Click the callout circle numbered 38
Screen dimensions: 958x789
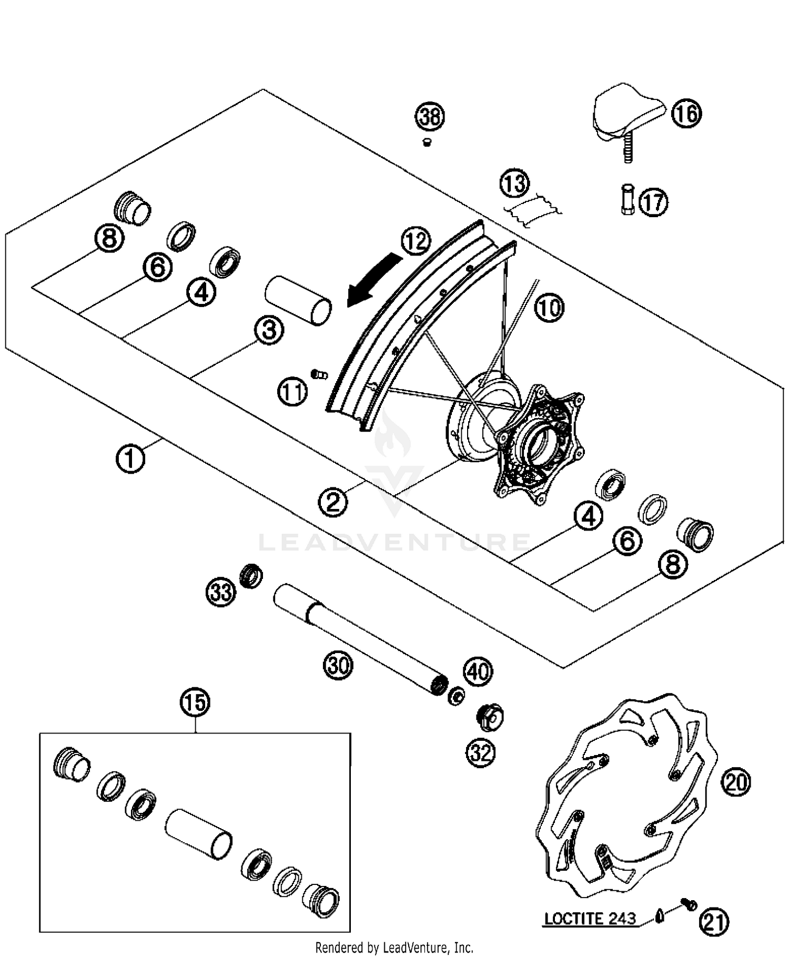click(430, 116)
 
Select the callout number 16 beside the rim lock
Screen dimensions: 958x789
click(686, 114)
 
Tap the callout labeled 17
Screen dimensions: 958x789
click(653, 202)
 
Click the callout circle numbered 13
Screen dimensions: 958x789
click(514, 184)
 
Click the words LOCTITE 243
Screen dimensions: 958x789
click(590, 918)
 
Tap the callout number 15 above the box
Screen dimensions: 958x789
click(195, 702)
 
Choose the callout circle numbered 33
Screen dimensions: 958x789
click(220, 592)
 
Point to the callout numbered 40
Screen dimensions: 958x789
click(478, 671)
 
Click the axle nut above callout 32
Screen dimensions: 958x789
click(489, 717)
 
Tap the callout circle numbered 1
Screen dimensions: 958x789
click(130, 458)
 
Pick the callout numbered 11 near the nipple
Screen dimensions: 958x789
click(292, 392)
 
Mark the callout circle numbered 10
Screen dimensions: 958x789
click(549, 308)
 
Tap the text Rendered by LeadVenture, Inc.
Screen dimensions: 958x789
click(394, 947)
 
